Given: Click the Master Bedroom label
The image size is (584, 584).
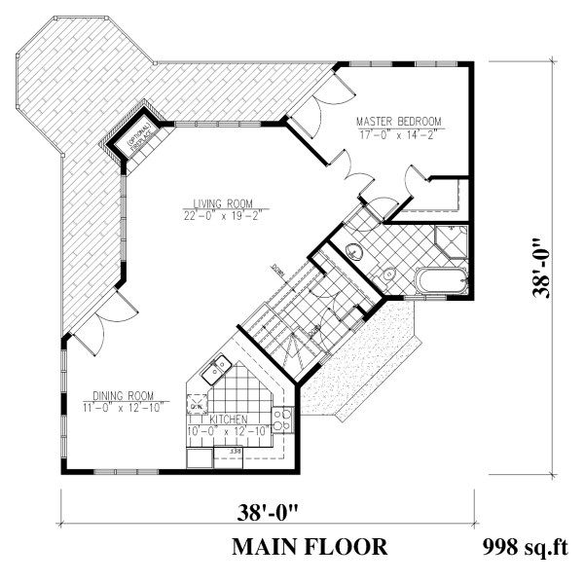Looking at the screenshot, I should (x=398, y=122).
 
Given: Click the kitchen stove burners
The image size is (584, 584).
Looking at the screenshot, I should (x=281, y=420).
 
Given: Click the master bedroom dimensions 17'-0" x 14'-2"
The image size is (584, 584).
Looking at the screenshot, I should (x=398, y=134).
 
